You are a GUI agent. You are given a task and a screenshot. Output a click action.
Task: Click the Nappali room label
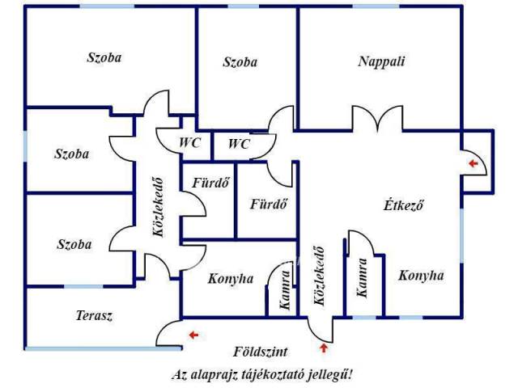click(x=381, y=61)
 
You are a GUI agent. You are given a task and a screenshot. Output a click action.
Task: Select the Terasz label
click(x=94, y=316)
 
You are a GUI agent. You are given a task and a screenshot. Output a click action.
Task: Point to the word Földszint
click(x=261, y=352)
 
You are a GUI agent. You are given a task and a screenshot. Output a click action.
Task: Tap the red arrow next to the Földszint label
click(x=325, y=348)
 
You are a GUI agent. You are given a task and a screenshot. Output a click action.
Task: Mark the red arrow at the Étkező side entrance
click(x=473, y=163)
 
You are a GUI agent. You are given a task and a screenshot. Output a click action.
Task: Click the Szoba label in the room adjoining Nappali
click(x=240, y=62)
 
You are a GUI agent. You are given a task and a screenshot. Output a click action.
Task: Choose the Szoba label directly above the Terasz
click(x=74, y=244)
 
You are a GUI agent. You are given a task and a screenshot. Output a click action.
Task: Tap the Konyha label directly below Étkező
click(x=421, y=276)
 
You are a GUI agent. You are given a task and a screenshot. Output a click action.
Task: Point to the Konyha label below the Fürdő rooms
click(x=231, y=279)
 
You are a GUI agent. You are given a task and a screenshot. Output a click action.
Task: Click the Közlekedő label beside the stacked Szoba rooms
click(x=159, y=207)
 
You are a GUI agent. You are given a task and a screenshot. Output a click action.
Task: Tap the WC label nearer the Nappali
click(x=239, y=144)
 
